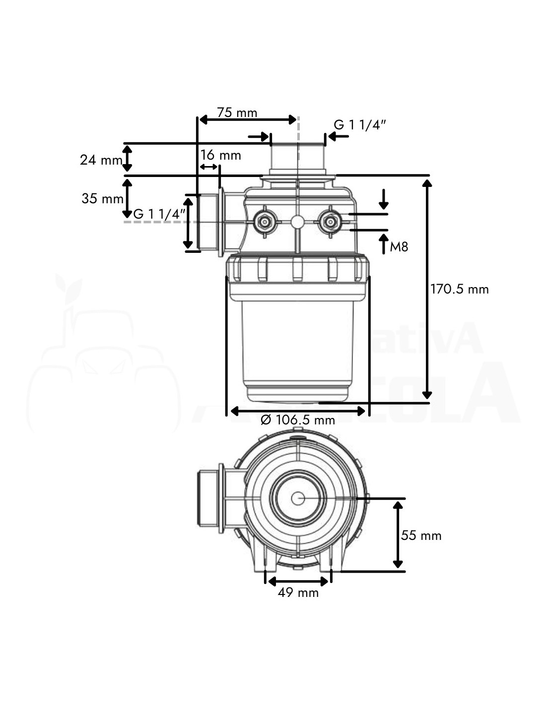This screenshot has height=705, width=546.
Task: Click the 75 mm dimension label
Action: pos(237,113)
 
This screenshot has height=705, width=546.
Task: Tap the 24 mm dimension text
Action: pos(101,160)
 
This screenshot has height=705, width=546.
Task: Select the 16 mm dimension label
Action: pos(221,155)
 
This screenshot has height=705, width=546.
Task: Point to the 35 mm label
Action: pos(102,199)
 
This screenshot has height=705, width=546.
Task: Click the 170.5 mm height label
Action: pos(460,289)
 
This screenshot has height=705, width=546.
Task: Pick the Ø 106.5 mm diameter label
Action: pos(298,420)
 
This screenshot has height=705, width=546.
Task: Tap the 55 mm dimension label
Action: pos(421,535)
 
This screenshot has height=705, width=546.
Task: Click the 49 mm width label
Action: pos(298,592)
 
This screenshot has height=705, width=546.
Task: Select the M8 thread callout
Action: pos(399,246)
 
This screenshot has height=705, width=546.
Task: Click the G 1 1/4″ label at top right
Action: pos(360,125)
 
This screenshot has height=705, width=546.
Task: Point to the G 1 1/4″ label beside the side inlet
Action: pos(160,214)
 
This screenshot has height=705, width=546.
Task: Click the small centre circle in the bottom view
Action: pos(298,498)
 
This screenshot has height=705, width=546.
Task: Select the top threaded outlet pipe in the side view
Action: pos(298,156)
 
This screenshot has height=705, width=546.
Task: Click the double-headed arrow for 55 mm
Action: pos(398,534)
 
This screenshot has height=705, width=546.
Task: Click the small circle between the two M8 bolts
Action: pos(297,221)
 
